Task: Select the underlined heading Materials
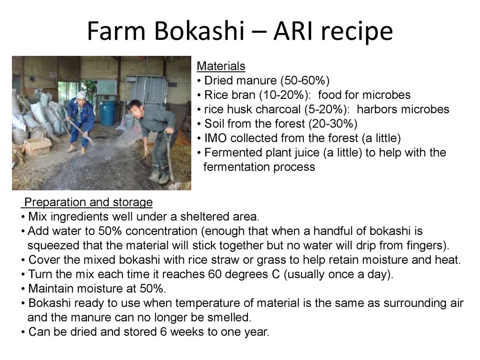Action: [221, 66]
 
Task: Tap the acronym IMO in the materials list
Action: [216, 138]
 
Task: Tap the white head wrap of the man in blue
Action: [81, 95]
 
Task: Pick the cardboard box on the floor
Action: [37, 146]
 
